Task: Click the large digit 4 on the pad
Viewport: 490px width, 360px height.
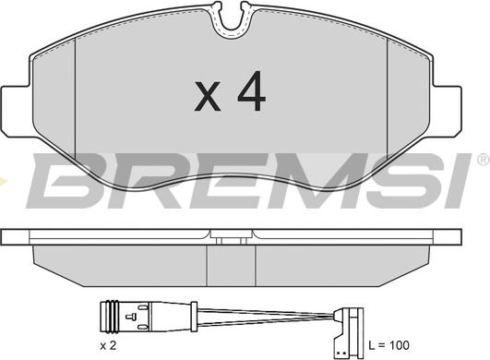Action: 252,90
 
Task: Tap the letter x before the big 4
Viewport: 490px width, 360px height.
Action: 208,96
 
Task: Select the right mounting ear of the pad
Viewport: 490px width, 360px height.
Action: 447,111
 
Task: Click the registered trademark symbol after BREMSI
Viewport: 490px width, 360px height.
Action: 484,160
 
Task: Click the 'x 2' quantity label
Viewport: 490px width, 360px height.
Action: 108,345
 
